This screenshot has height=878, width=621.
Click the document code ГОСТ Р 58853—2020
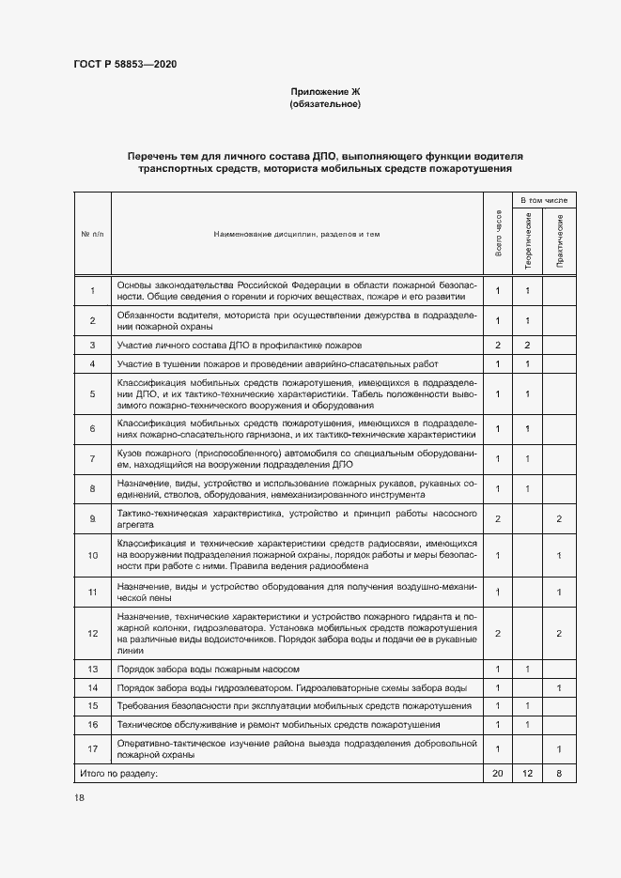click(125, 64)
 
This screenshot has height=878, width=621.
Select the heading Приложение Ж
click(325, 91)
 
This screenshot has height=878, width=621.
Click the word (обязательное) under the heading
click(325, 104)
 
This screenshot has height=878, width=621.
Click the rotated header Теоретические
click(529, 241)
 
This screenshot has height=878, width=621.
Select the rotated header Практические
click(560, 241)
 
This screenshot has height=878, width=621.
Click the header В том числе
click(544, 200)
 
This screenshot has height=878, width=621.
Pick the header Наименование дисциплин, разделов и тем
click(297, 233)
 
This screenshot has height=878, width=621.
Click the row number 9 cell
click(92, 518)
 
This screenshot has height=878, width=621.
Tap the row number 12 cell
click(92, 634)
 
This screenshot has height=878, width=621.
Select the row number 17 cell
click(92, 748)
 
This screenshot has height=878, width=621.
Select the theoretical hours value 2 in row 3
click(528, 346)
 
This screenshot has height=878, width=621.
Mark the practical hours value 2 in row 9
click(560, 518)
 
